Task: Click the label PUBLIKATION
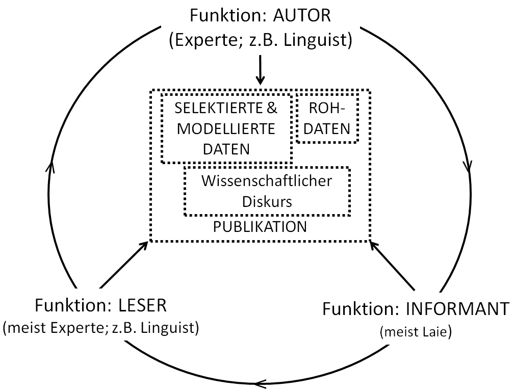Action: (260, 226)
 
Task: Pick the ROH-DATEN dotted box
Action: (327, 118)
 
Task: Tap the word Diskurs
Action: (267, 201)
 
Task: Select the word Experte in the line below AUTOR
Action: (204, 40)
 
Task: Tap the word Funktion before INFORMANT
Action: (363, 309)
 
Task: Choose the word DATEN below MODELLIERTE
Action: (226, 149)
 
